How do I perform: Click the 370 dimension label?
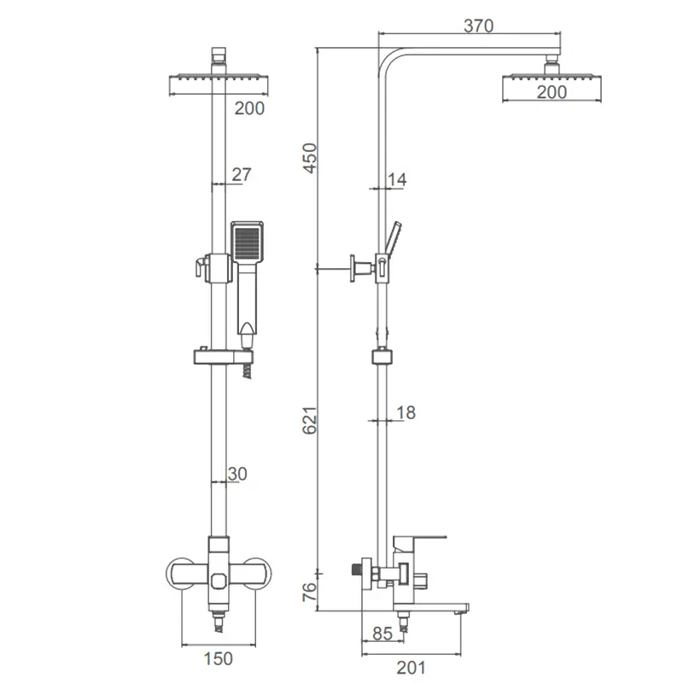coord(478,26)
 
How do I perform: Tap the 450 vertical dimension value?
coord(310,158)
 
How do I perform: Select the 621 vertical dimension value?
coord(310,420)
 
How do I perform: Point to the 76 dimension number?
coord(309,592)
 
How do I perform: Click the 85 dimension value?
coord(382,633)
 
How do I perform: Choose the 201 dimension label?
coord(412,668)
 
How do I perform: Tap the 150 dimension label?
coord(219,658)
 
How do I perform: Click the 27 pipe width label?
coord(242,174)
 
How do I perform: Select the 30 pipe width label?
coord(237,474)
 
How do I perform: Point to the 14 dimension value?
coord(397,179)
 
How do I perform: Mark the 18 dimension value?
coord(406,412)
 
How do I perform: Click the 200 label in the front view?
coord(249,108)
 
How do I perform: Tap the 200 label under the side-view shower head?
coord(552,92)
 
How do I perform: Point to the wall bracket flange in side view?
coord(352,269)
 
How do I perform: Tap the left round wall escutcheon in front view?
coord(174,573)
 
